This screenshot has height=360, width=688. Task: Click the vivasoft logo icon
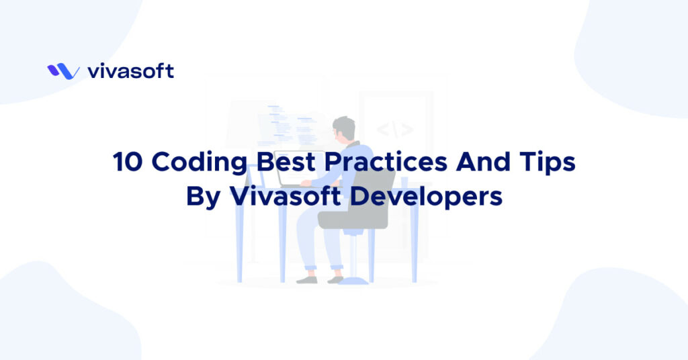64,71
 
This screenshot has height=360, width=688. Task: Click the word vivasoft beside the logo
130,71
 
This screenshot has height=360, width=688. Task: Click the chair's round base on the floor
353,280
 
